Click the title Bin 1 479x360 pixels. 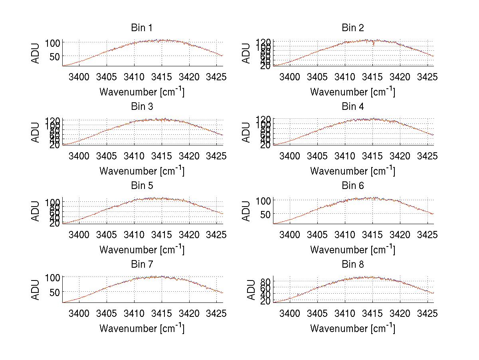(x=141, y=28)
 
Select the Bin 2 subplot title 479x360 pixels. (x=352, y=28)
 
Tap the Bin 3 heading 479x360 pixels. (x=141, y=107)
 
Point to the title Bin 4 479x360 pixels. (x=352, y=107)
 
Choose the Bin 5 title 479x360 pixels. (x=141, y=186)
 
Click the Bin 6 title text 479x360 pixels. (x=352, y=186)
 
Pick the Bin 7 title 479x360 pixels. (x=141, y=265)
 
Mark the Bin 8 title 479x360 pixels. (x=352, y=265)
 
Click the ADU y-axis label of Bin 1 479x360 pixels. (x=36, y=54)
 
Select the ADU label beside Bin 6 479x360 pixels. (x=247, y=211)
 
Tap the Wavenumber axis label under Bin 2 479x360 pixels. (x=352, y=92)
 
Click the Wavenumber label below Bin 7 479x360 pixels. (x=142, y=328)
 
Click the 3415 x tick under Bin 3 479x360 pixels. (x=162, y=155)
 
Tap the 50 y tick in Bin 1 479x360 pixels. (x=54, y=57)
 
